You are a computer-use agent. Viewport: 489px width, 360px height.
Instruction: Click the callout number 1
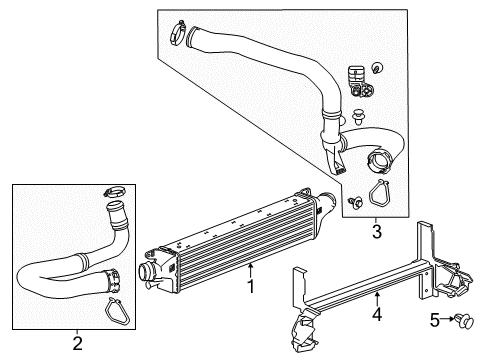[x=251, y=286]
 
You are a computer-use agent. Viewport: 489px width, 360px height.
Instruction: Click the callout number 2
[x=77, y=345]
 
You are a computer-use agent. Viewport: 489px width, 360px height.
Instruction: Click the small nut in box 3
[x=377, y=68]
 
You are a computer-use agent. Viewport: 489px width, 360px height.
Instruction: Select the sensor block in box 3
[x=357, y=77]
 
